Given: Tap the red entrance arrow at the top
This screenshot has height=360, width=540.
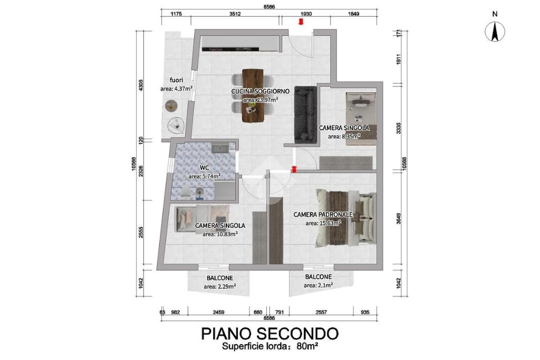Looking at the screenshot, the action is point(301,22).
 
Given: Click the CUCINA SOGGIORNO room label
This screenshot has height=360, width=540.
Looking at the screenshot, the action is point(261,91).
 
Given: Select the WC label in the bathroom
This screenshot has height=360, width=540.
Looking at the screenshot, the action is point(205,168).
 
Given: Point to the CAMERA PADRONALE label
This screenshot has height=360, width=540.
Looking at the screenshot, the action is point(323,215).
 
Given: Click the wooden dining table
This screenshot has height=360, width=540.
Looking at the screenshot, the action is point(253,96).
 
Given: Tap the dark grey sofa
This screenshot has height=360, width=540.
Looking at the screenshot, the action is point(305,114).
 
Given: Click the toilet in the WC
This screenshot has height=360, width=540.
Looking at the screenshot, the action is point(185,193).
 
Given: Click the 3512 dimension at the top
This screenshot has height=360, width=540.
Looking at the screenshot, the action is point(235,14).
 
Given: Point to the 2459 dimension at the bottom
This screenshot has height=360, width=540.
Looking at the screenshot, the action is point(219,313).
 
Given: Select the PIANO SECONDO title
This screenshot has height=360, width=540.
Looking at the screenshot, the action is point(269,334).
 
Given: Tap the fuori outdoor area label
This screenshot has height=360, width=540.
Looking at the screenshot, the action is point(176,80).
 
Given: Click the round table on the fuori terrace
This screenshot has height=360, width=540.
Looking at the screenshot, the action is point(171,105).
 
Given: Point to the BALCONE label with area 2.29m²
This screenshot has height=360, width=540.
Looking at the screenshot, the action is point(220,278).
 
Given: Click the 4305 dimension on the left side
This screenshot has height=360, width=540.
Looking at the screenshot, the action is point(140,85).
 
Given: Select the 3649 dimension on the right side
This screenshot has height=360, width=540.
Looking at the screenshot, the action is point(399,219).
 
